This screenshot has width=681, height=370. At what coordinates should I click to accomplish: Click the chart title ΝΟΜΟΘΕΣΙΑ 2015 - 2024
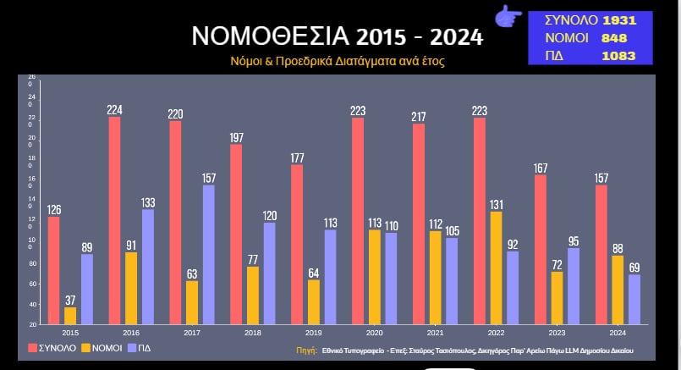tap(337, 36)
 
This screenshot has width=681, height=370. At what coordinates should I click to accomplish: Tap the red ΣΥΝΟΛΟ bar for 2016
tap(114, 220)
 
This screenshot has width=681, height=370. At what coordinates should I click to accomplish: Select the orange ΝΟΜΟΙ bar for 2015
tap(69, 315)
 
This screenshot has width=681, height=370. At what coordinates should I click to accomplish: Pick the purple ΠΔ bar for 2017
tap(209, 254)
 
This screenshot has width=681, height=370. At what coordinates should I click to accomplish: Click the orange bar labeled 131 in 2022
tap(496, 268)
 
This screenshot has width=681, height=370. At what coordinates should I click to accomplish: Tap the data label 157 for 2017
tap(209, 179)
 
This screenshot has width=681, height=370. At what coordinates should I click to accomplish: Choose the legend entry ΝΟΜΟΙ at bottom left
tap(102, 348)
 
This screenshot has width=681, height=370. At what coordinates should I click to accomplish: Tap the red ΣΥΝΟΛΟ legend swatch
tap(34, 348)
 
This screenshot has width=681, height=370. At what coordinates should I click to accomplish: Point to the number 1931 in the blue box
tap(618, 20)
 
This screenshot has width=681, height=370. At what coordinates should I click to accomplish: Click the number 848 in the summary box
tap(614, 38)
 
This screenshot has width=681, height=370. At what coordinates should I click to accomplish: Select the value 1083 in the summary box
tap(618, 56)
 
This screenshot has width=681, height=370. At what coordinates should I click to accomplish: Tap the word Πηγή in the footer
tap(306, 350)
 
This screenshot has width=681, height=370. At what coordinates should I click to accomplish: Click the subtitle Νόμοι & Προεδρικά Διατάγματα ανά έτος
tap(337, 62)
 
